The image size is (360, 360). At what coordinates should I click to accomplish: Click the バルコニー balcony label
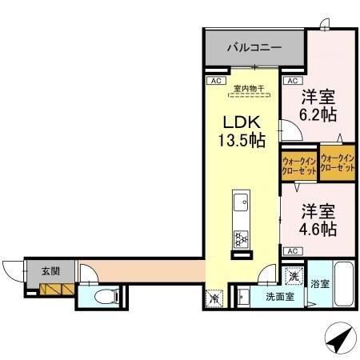253,48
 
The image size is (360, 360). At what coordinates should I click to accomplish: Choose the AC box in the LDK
214,82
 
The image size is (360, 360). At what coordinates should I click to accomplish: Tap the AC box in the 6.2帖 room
292,82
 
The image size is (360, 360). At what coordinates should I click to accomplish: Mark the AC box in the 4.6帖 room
292,251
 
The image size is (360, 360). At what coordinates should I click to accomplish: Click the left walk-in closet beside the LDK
298,166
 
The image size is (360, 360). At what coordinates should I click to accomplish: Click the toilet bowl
102,297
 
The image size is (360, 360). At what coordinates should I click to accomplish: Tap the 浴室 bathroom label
319,283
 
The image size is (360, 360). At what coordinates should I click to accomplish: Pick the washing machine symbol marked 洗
294,276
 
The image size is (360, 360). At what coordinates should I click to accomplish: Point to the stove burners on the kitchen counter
240,237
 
